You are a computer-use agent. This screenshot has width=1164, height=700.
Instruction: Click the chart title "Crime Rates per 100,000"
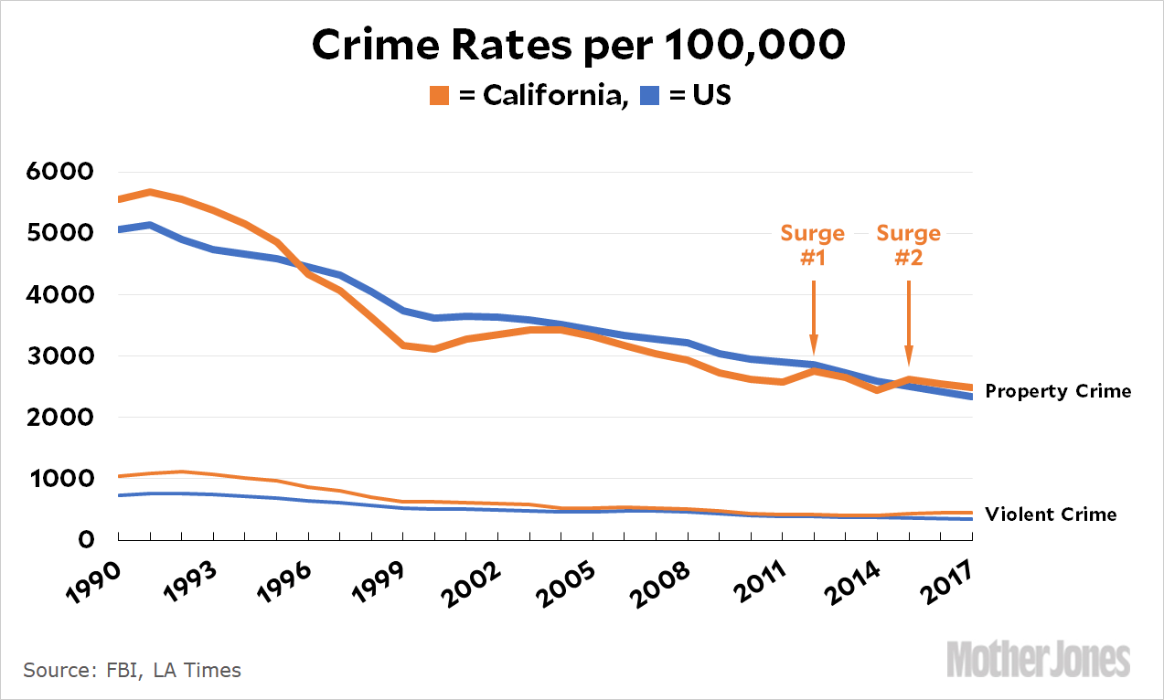click(578, 46)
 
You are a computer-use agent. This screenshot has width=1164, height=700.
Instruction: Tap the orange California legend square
click(440, 94)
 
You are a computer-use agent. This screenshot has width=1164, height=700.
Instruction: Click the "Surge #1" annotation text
click(813, 245)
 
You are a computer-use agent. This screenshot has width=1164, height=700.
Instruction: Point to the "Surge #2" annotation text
click(909, 245)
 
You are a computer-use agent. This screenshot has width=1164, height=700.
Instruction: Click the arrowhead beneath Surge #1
click(814, 347)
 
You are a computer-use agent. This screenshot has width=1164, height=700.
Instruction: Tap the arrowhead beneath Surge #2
click(909, 357)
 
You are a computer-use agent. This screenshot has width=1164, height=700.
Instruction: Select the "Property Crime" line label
click(1058, 391)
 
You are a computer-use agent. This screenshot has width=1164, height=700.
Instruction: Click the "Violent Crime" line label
click(1051, 514)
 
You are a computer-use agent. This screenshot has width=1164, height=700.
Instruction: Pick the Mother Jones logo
click(1039, 658)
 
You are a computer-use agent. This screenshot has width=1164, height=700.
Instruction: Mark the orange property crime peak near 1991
click(149, 192)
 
